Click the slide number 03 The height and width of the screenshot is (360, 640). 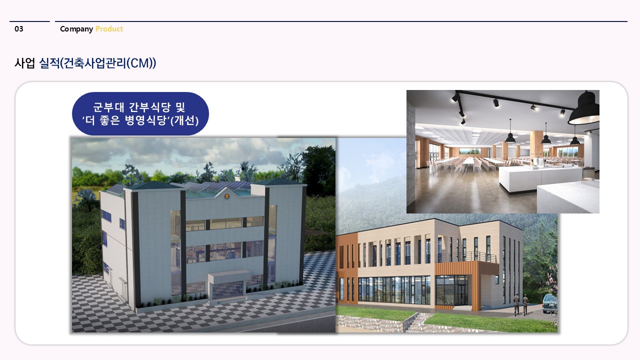point(19,29)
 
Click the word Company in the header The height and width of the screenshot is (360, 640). point(76,29)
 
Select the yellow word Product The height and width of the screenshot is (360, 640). point(109,29)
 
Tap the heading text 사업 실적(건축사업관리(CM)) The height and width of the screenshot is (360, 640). point(85,63)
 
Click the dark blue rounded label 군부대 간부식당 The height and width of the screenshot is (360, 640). point(140,113)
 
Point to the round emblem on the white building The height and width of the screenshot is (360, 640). point(227,196)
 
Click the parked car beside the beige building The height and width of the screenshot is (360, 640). point(549,304)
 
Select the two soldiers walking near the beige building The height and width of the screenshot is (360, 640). point(520,304)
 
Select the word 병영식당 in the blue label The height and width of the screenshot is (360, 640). point(146,120)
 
